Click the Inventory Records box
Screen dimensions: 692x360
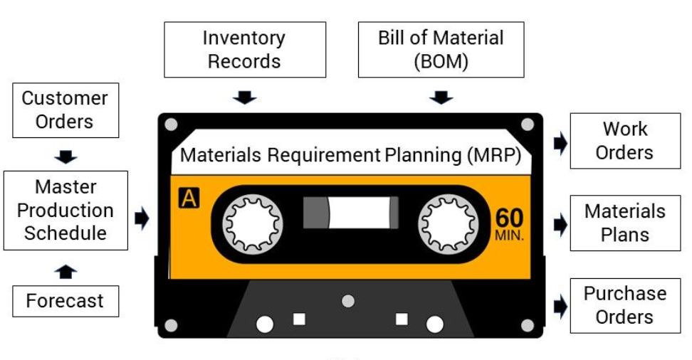click(x=245, y=49)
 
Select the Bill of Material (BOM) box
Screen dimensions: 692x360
click(x=441, y=49)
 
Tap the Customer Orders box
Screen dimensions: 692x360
click(x=65, y=110)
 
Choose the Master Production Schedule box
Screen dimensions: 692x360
click(x=65, y=210)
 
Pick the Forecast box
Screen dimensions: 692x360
click(x=65, y=301)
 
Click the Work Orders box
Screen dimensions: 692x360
click(x=624, y=141)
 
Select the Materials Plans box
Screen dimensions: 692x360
click(x=624, y=223)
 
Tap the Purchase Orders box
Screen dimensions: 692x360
click(x=624, y=305)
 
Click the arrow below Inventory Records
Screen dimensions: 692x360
click(x=245, y=97)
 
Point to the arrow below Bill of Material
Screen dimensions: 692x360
click(x=441, y=97)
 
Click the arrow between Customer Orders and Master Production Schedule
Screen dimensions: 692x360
click(x=66, y=157)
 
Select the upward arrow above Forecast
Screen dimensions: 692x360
click(x=66, y=270)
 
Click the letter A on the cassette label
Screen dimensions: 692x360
click(x=189, y=198)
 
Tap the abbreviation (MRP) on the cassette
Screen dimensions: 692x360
click(x=490, y=154)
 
